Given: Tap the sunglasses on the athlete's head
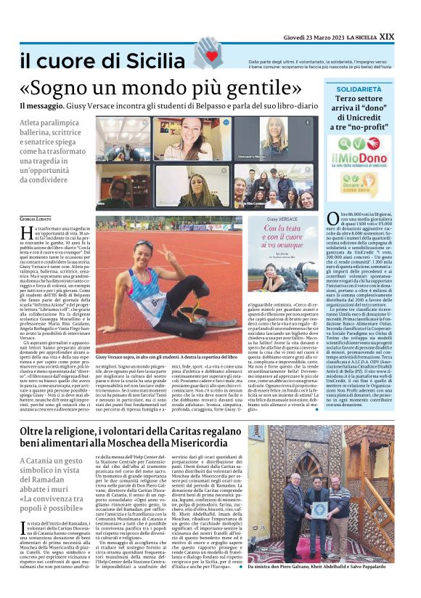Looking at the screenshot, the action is coord(144,243).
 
